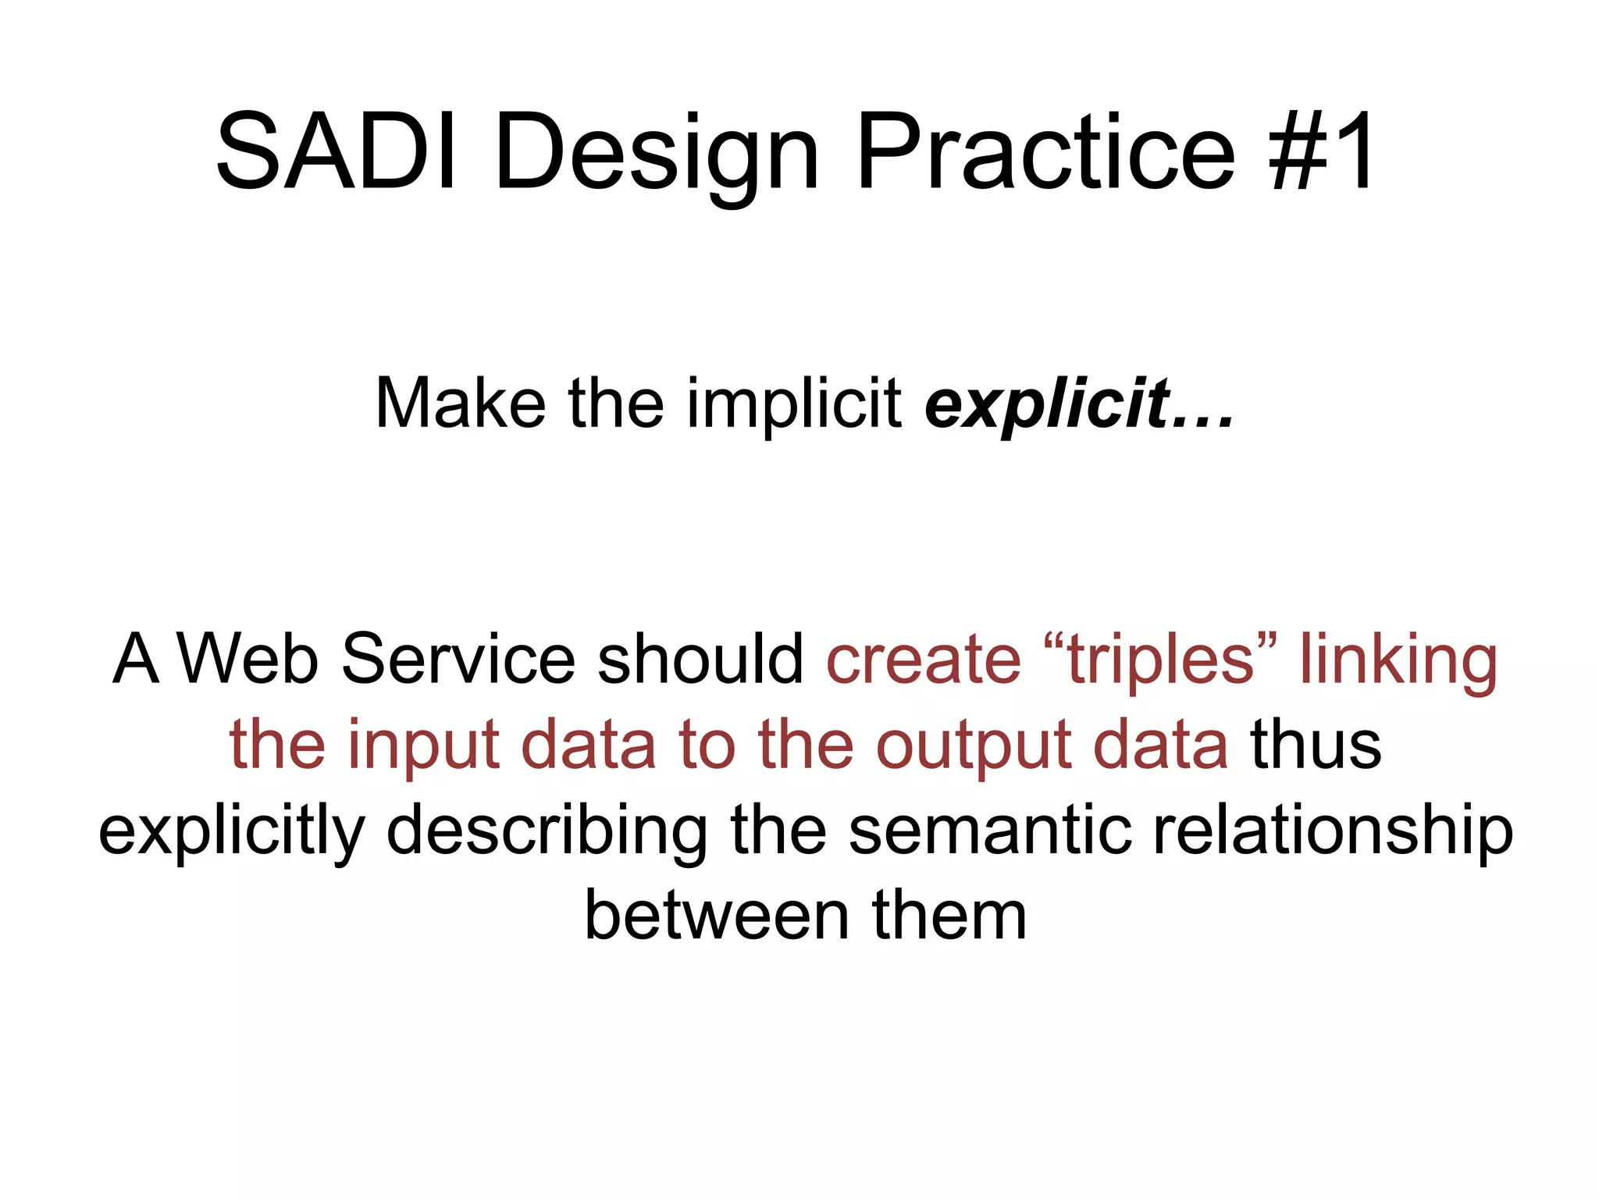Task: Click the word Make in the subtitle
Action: click(x=461, y=404)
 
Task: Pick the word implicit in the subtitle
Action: click(x=794, y=404)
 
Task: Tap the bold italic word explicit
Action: click(x=1046, y=404)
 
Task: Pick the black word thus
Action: click(x=1316, y=745)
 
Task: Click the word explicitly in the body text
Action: click(x=232, y=831)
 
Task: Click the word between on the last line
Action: click(x=717, y=916)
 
